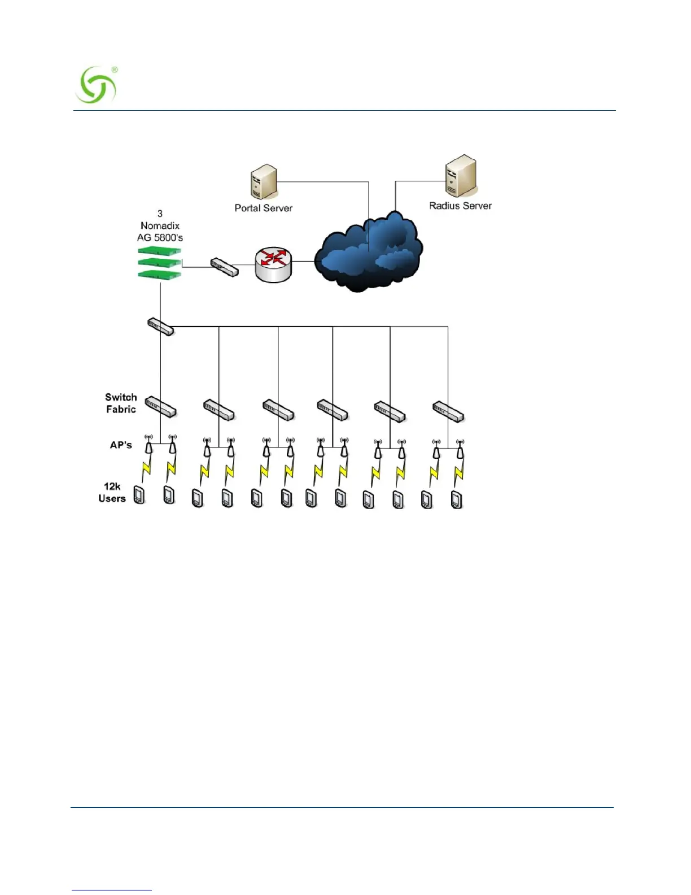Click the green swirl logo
(x=96, y=85)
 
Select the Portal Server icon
(x=263, y=182)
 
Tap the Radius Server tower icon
(x=460, y=176)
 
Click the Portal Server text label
(x=264, y=208)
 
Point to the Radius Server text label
(x=460, y=206)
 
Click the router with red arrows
(x=274, y=263)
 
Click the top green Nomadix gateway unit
(x=159, y=250)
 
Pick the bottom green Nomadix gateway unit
(x=159, y=274)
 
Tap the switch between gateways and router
(x=224, y=267)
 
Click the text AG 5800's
(x=160, y=238)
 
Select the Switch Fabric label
(x=121, y=403)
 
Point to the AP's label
(x=121, y=445)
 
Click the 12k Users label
(x=112, y=492)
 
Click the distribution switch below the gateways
(x=160, y=327)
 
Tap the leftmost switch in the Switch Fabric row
(x=161, y=406)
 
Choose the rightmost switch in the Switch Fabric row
(x=448, y=411)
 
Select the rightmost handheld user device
(x=457, y=499)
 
